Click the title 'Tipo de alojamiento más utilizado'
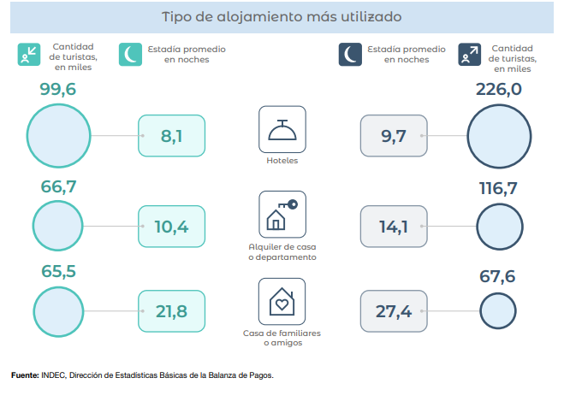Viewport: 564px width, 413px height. tap(282, 16)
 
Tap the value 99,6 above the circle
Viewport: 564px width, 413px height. tap(58, 90)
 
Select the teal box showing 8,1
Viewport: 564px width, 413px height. tap(171, 136)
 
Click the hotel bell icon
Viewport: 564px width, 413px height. tap(282, 129)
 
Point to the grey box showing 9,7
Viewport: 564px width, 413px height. tap(394, 136)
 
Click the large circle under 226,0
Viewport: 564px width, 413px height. tap(499, 135)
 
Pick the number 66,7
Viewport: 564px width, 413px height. tap(58, 187)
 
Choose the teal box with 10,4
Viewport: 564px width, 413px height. tap(171, 227)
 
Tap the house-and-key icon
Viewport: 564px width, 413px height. tap(282, 215)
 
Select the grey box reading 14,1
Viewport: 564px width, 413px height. tap(394, 227)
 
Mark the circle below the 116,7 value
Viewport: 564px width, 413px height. tap(499, 227)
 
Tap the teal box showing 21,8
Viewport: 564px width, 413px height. tap(171, 311)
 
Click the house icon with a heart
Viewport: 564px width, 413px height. tap(282, 302)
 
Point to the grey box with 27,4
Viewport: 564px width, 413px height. tap(394, 311)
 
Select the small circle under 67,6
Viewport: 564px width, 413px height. tap(497, 310)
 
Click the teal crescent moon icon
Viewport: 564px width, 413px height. tap(130, 55)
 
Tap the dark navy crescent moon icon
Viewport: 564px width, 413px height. tap(350, 55)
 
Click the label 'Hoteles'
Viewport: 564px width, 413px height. tap(282, 160)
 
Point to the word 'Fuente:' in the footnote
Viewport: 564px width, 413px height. tap(24, 375)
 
